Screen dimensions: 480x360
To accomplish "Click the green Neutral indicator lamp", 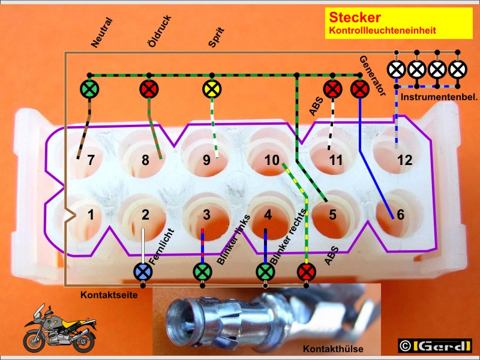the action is tap(89, 89).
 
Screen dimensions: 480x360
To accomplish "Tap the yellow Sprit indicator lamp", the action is tap(212, 89).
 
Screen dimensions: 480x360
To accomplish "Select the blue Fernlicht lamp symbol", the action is tap(143, 272).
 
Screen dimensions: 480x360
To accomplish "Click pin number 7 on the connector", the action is tap(91, 160).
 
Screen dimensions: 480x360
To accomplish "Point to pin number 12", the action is tap(404, 160).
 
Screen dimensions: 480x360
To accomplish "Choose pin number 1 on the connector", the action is tap(91, 215).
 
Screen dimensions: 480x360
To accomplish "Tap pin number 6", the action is tap(400, 215).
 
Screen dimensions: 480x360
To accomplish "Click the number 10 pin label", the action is tap(272, 160).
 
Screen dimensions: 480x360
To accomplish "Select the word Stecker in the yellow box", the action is tap(355, 17).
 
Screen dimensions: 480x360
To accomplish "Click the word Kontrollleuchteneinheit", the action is tap(382, 31).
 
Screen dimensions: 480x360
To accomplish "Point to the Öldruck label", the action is tap(160, 32).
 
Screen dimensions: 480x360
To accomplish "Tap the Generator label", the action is tap(373, 76).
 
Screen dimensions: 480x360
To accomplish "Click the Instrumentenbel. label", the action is tap(439, 97).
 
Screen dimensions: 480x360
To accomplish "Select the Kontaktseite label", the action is tap(109, 295).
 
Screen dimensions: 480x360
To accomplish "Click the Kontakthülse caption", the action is tap(333, 349).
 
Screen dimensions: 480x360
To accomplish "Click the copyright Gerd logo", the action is tap(434, 346).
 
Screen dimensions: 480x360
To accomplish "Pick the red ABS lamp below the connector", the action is tap(306, 272).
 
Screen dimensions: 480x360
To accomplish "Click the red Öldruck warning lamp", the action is tap(149, 89).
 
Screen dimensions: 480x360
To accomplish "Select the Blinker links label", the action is tap(233, 239).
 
